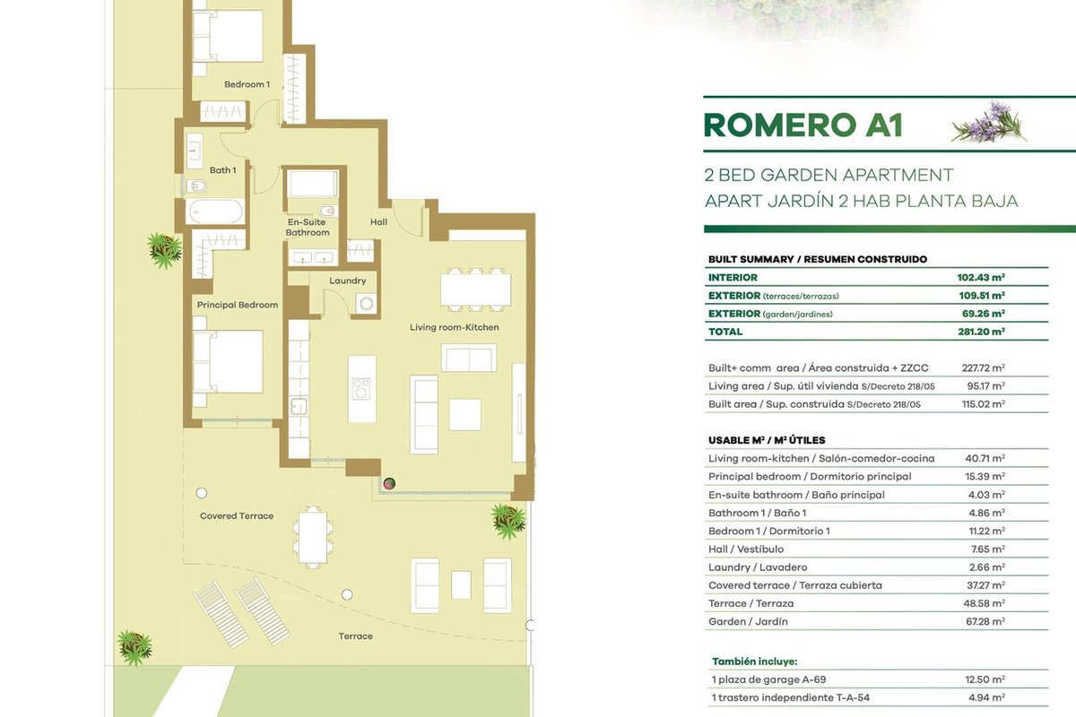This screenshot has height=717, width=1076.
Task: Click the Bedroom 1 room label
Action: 247,84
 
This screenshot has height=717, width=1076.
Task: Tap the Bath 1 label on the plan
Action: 222,170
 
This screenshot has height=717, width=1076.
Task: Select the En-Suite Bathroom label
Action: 308,227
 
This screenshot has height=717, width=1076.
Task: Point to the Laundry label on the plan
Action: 347,281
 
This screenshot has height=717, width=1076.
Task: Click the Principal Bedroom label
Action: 238,305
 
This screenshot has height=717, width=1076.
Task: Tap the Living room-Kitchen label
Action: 454,327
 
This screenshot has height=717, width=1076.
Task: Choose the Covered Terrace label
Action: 237,515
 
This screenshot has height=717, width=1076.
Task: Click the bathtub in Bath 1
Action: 214,212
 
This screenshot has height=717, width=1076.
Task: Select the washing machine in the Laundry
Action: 367,304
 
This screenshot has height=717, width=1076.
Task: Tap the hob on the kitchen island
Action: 361,389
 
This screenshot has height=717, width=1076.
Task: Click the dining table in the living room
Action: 475,290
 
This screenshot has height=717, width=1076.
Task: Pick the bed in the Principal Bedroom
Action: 228,361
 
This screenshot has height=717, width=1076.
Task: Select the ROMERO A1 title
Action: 803,125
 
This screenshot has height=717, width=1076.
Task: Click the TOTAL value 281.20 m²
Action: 981,332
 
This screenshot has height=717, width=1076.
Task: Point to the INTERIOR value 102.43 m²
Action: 981,277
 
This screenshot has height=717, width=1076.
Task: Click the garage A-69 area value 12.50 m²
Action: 985,679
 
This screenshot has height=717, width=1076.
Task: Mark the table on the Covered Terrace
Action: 313,538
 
